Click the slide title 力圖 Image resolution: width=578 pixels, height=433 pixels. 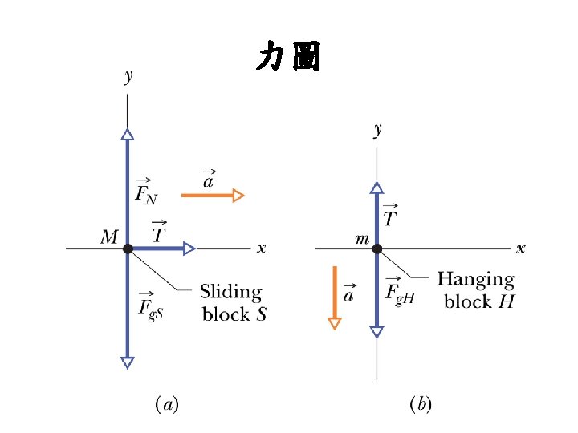click(x=288, y=58)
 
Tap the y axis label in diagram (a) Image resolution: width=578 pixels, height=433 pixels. click(x=128, y=77)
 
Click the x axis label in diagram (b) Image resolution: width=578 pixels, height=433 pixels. click(x=520, y=249)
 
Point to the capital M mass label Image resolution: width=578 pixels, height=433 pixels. click(x=109, y=237)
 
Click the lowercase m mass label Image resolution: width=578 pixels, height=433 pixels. click(x=362, y=240)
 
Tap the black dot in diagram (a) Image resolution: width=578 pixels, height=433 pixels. click(x=128, y=249)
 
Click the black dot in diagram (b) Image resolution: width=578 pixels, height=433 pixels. click(x=377, y=249)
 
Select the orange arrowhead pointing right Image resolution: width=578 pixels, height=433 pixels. click(x=238, y=195)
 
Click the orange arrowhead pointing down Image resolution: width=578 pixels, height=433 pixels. click(x=335, y=323)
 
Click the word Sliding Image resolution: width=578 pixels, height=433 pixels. click(x=230, y=291)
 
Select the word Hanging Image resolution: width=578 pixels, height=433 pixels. click(x=475, y=280)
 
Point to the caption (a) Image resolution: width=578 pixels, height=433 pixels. click(x=168, y=404)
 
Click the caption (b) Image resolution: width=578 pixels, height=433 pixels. click(x=421, y=404)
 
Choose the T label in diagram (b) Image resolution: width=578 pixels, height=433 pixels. click(x=391, y=216)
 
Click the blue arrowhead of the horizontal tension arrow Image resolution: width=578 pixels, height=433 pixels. click(x=189, y=249)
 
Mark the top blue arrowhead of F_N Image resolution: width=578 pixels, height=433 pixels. click(x=127, y=135)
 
